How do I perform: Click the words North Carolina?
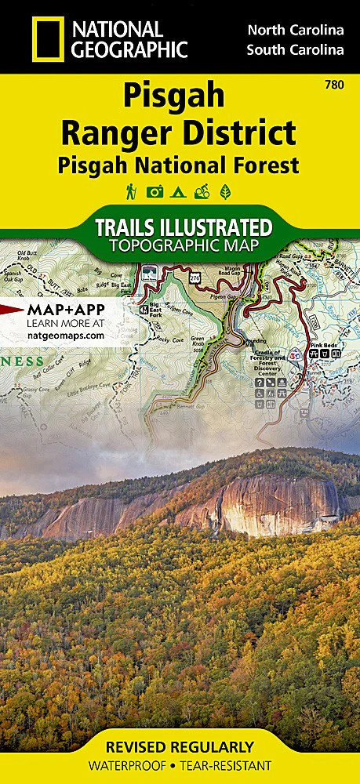tap(295, 31)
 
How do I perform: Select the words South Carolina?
tap(295, 51)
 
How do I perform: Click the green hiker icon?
tap(130, 191)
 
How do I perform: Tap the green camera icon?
tap(155, 191)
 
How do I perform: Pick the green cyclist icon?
tap(203, 191)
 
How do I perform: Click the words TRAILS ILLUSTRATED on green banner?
tap(184, 228)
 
